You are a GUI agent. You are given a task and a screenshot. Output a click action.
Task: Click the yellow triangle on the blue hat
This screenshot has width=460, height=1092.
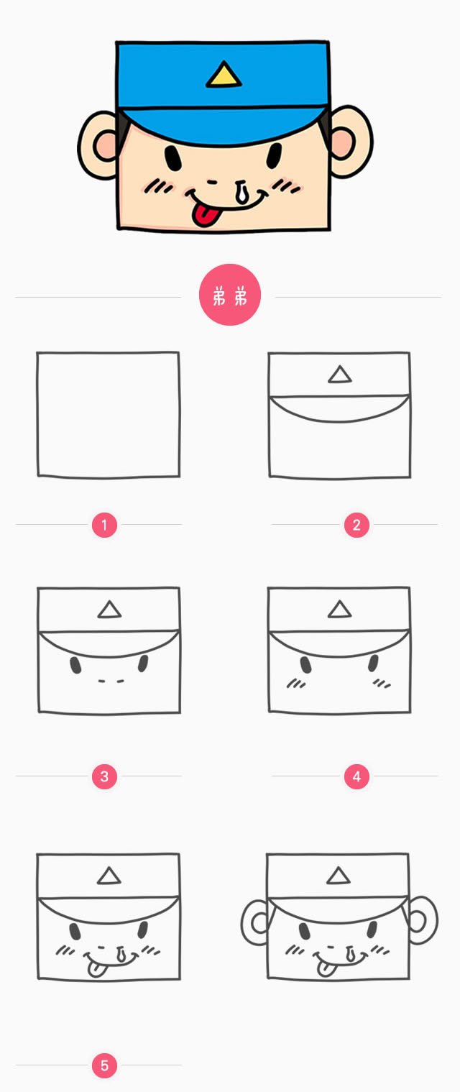tap(224, 75)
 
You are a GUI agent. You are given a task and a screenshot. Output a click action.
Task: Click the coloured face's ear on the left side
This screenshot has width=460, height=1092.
tap(98, 144)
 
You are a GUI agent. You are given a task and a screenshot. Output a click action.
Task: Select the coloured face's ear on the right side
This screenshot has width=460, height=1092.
tap(351, 142)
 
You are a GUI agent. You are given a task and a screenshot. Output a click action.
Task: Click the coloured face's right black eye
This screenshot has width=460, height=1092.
tap(275, 156)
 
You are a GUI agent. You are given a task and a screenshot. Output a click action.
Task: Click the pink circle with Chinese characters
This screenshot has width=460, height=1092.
tap(230, 295)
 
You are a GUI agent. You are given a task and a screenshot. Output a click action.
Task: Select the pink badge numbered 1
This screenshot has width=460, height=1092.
tap(104, 525)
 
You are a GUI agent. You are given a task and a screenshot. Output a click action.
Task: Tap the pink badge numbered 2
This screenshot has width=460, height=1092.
tap(356, 525)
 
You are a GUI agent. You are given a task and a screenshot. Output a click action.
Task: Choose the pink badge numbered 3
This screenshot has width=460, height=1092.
tap(104, 776)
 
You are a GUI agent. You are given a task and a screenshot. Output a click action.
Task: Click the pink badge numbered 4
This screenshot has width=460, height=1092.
tap(356, 776)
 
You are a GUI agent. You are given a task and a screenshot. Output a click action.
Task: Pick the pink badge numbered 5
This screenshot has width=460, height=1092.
tap(104, 1065)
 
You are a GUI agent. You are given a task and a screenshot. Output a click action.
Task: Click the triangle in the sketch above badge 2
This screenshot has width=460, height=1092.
tap(340, 375)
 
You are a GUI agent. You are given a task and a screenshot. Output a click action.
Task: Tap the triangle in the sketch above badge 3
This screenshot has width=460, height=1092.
tap(109, 610)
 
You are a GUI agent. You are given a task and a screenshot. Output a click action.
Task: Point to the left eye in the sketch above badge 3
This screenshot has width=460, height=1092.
tap(76, 665)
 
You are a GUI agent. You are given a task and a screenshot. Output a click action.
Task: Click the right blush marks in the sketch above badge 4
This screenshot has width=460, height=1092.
tap(382, 684)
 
